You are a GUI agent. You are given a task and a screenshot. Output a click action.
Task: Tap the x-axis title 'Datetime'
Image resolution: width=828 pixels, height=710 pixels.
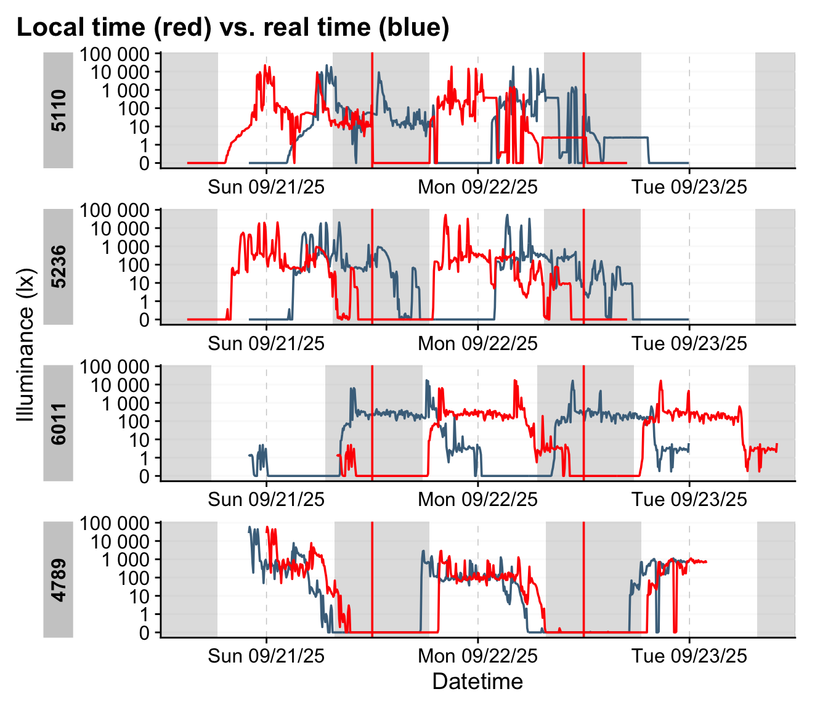477,682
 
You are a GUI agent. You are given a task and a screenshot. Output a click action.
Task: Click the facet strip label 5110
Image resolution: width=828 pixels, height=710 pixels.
59,110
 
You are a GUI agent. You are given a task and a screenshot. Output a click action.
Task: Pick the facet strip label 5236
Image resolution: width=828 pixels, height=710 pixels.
59,267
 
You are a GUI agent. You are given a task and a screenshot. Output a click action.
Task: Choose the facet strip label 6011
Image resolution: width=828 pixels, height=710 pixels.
59,423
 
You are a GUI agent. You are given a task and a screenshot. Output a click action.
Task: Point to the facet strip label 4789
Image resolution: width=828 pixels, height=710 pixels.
59,580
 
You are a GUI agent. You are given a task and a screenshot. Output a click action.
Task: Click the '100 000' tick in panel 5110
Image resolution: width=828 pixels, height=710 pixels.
114,54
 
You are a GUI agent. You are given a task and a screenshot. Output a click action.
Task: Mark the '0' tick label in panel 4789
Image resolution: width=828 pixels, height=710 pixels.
144,633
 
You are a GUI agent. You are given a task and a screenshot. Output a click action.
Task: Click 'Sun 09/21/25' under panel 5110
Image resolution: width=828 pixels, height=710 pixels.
266,187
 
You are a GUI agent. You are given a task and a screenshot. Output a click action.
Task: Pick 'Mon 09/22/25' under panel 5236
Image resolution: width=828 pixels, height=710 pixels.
477,343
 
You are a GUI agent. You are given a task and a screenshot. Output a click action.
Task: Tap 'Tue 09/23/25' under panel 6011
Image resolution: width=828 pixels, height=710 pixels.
689,499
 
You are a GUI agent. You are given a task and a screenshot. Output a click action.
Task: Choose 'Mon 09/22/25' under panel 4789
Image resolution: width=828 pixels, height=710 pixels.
477,656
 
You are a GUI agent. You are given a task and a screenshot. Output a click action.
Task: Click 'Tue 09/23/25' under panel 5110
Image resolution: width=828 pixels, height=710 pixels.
689,187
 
